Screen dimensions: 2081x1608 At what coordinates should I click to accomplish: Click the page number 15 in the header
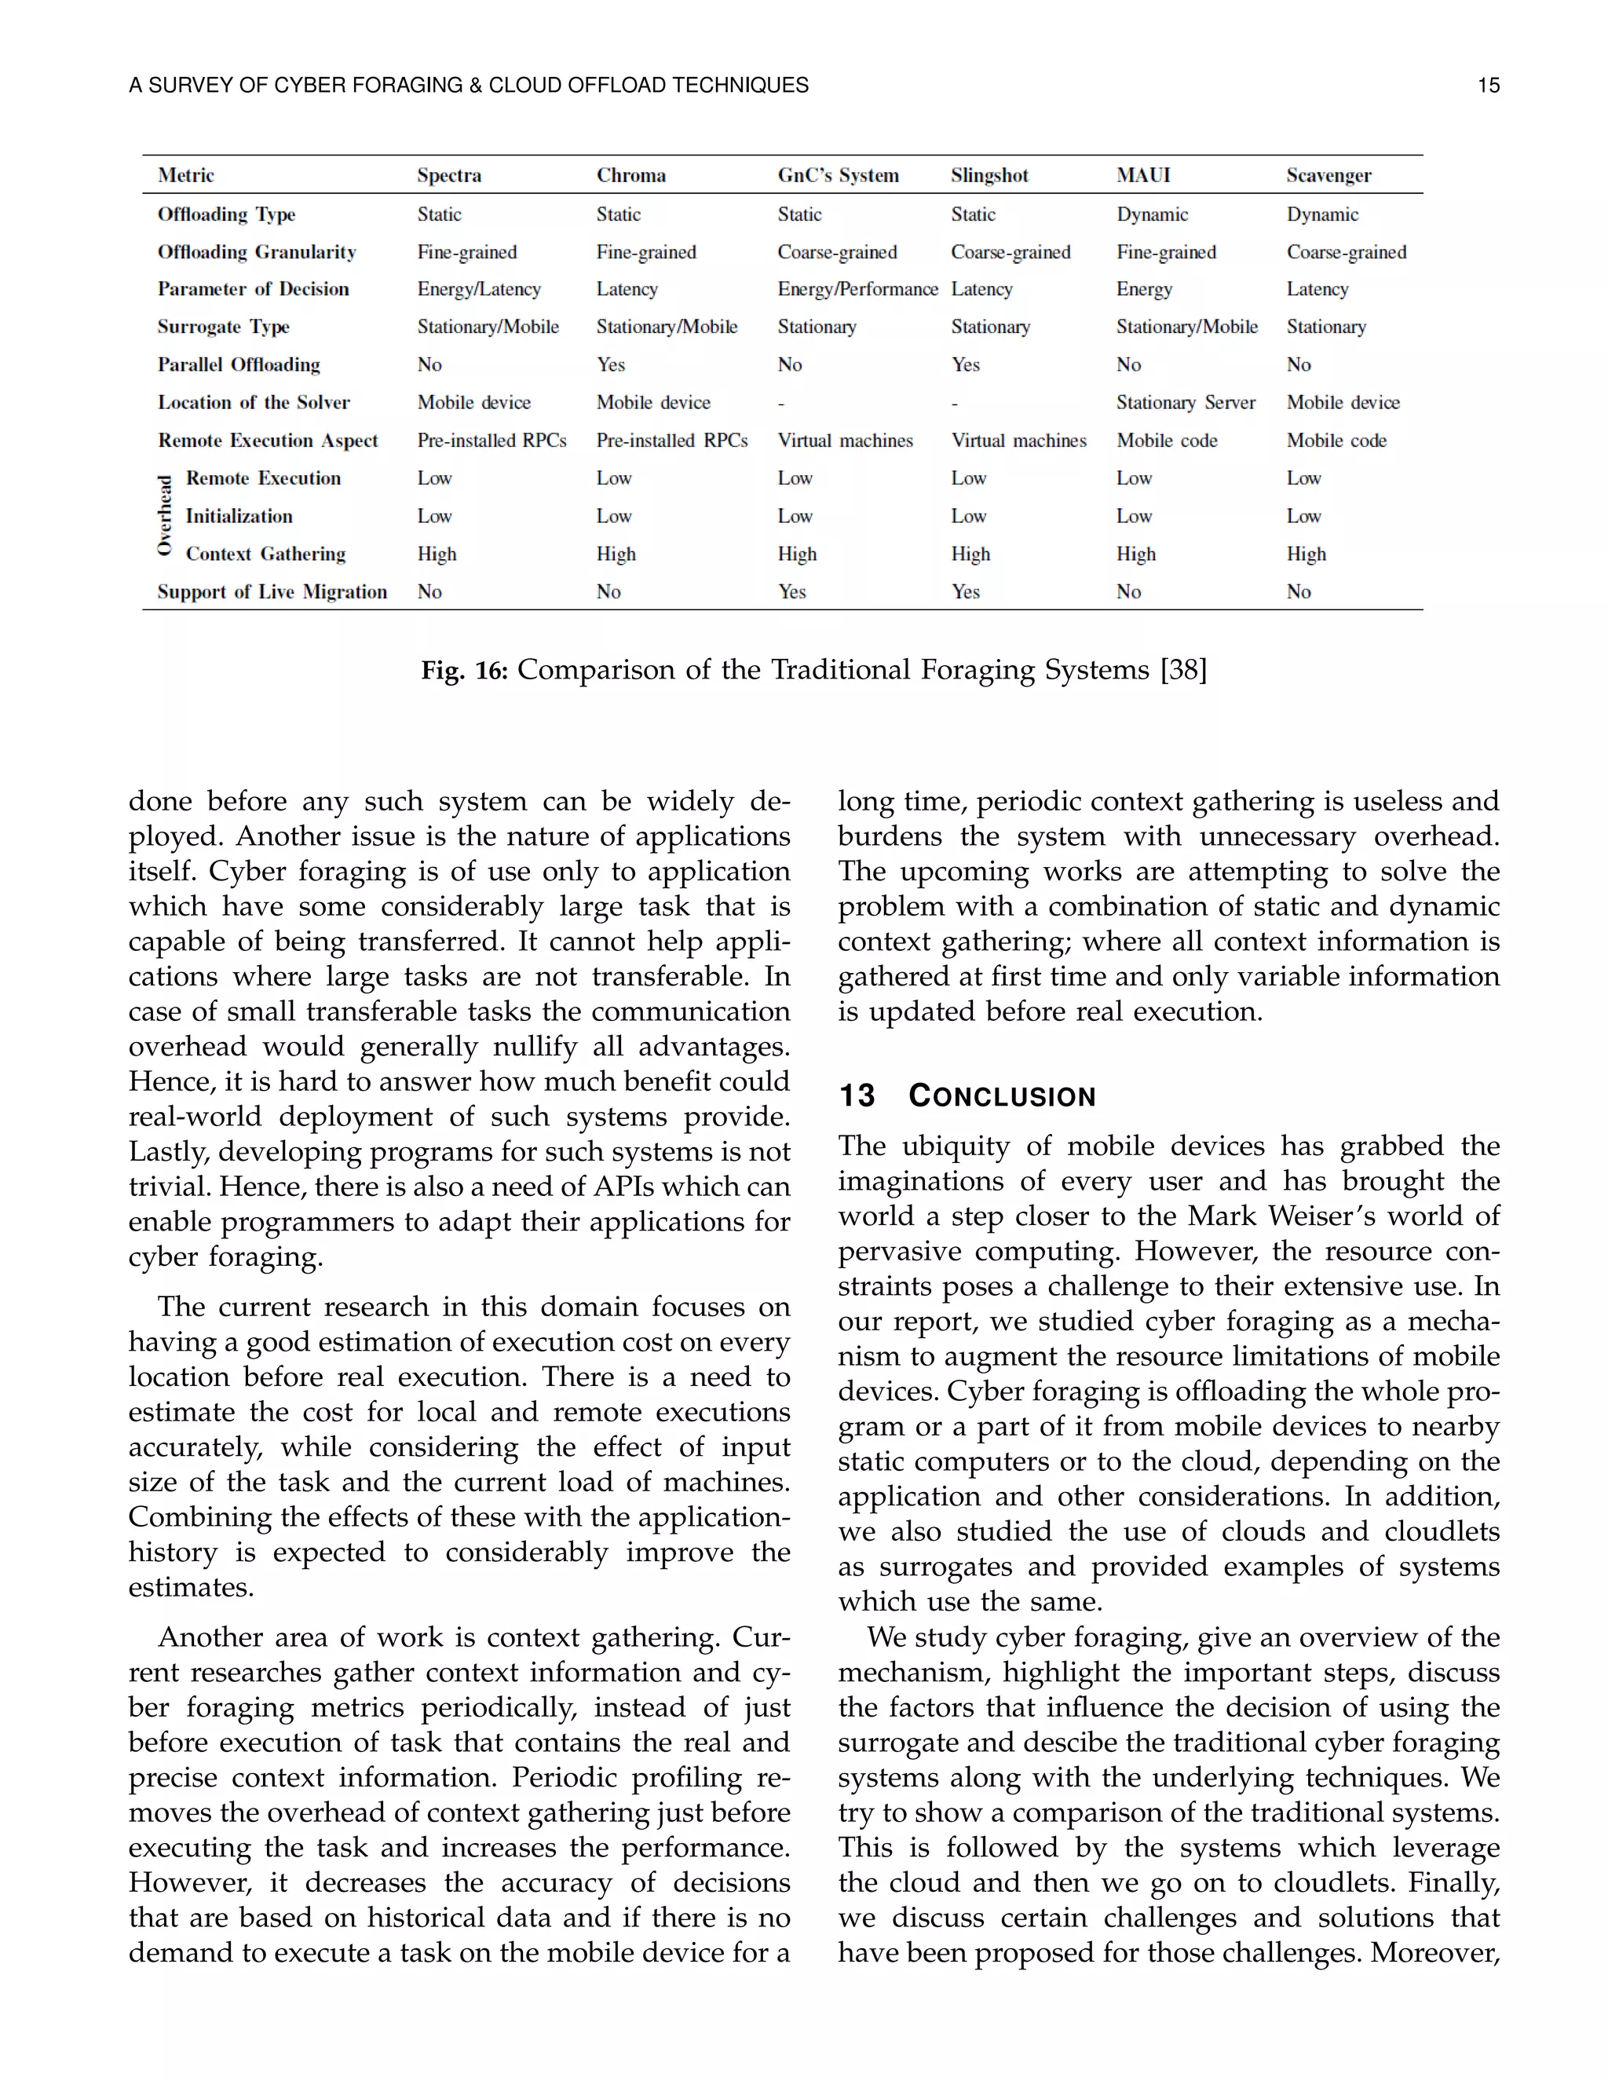(1488, 86)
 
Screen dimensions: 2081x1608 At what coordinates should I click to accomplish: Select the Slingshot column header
(989, 175)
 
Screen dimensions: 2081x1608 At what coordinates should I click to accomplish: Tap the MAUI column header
(1142, 175)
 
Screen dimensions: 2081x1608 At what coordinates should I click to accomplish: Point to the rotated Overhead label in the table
(165, 515)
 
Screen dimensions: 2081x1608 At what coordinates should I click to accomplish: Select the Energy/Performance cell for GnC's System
(857, 290)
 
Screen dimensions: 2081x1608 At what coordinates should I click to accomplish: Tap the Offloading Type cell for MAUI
(1152, 214)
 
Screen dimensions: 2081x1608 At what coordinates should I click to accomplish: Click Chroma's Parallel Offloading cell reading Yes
(611, 365)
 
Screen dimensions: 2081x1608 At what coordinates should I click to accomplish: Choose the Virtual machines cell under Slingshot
(1018, 441)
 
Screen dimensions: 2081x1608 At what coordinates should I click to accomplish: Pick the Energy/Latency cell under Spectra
(478, 290)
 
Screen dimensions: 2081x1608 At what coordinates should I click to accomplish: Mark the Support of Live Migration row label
(272, 592)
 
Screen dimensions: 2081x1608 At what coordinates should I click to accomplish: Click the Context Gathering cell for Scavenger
(1306, 554)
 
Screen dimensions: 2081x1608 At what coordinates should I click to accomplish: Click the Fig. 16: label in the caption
(464, 671)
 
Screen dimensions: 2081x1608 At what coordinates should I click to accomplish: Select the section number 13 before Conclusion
(856, 1095)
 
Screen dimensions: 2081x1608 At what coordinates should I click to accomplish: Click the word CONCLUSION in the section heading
(1001, 1095)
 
